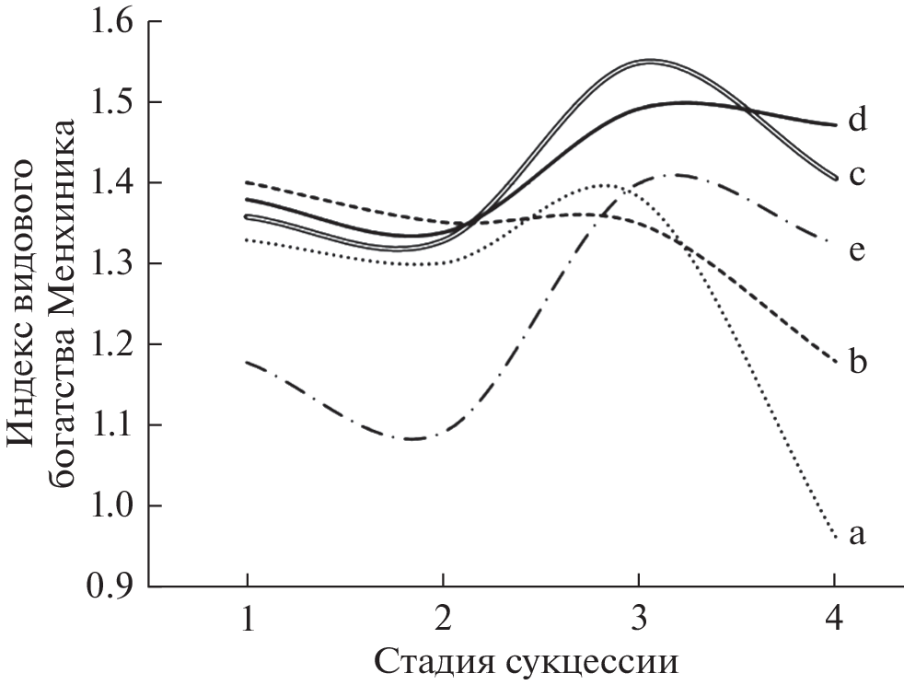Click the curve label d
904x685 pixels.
coord(858,121)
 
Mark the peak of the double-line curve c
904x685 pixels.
coord(650,62)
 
